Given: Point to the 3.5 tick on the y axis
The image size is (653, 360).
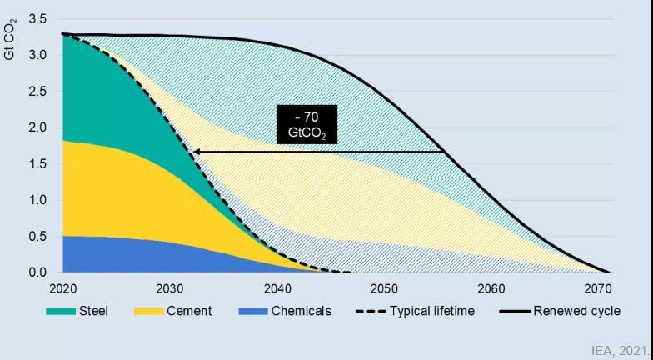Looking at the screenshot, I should pyautogui.click(x=37, y=18).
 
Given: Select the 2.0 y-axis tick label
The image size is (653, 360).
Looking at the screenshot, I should pyautogui.click(x=37, y=127).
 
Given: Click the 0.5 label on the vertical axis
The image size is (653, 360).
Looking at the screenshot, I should pyautogui.click(x=37, y=237).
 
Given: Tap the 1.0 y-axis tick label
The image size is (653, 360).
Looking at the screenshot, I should pyautogui.click(x=37, y=200).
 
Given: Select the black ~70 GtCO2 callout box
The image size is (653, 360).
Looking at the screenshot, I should pyautogui.click(x=307, y=124).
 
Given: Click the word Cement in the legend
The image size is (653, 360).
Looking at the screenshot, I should pyautogui.click(x=189, y=312).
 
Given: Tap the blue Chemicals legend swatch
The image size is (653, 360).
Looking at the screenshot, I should pyautogui.click(x=252, y=312).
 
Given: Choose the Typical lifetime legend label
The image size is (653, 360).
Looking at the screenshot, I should pyautogui.click(x=432, y=312).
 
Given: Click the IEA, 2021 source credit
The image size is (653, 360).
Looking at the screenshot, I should pyautogui.click(x=619, y=352).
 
